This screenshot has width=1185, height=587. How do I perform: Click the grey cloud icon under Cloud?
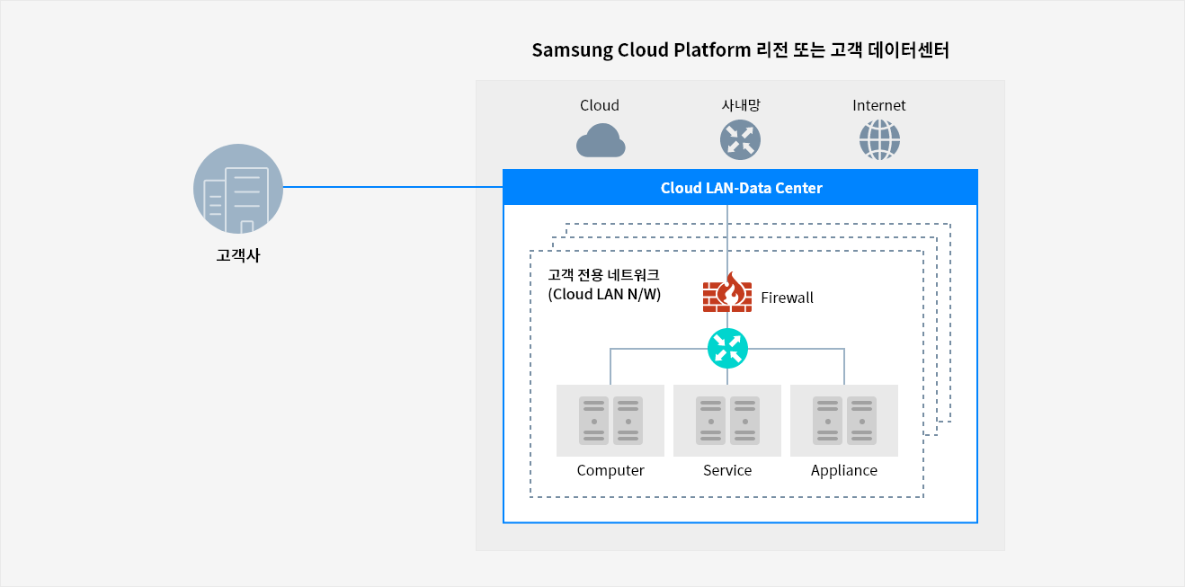pos(600,141)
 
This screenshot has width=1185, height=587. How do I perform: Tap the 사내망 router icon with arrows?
pos(740,140)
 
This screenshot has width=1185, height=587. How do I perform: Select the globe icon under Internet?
pos(879,140)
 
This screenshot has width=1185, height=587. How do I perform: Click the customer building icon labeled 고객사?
pos(238,189)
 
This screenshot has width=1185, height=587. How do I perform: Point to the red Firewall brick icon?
pos(726,293)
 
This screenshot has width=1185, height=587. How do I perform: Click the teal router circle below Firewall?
pos(727,348)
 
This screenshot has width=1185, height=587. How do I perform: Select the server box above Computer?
pos(610,421)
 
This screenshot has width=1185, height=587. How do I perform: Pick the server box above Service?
pos(727,421)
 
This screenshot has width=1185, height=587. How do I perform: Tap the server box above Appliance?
pos(844,421)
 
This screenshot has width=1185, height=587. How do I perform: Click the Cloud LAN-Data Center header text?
pos(741,188)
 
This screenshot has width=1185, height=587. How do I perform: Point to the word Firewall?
pos(787,298)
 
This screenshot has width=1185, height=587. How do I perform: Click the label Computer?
pos(610,470)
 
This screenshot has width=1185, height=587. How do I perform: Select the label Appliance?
pos(843,470)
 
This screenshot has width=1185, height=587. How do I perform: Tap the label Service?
pos(727,470)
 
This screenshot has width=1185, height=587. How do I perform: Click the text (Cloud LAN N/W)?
pos(604,294)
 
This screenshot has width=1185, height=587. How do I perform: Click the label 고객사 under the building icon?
pos(238,256)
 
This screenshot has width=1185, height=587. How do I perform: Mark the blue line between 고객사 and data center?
pos(392,187)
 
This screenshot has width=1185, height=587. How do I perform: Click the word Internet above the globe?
pos(878,105)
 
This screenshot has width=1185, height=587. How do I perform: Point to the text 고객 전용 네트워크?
pos(603,274)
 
